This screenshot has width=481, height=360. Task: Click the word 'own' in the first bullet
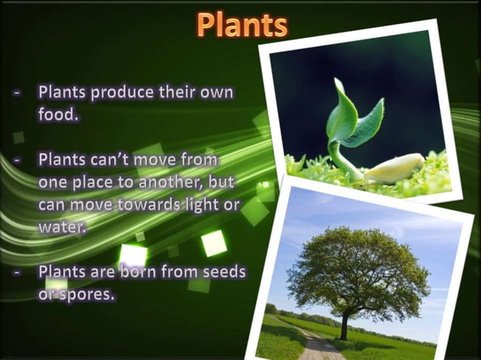click(216, 93)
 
